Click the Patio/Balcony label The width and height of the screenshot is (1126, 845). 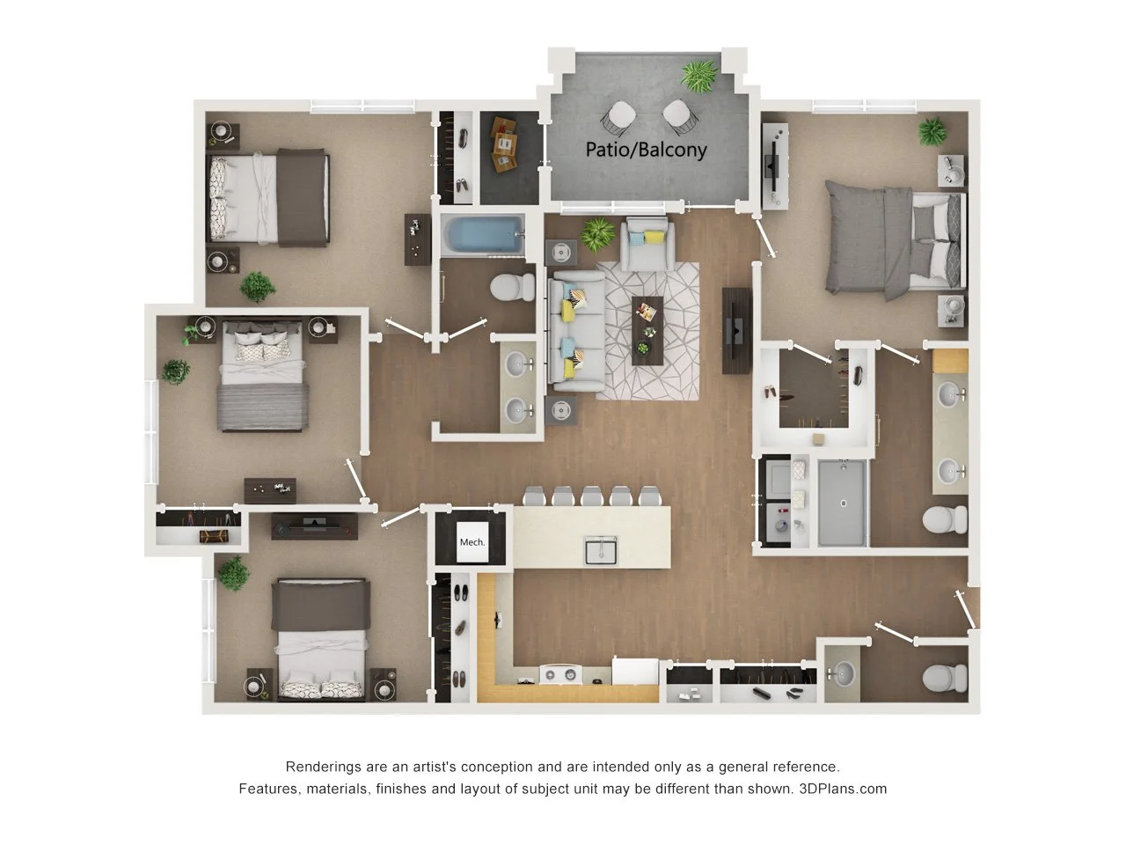tap(646, 150)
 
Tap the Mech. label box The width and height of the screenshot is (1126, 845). tap(472, 541)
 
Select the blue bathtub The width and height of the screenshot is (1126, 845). tap(479, 235)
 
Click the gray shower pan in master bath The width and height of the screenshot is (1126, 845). tap(843, 503)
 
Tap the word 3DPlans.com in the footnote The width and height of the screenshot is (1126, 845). tap(843, 789)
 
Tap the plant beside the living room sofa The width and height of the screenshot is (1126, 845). tap(599, 233)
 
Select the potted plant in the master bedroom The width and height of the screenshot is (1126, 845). tap(932, 133)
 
